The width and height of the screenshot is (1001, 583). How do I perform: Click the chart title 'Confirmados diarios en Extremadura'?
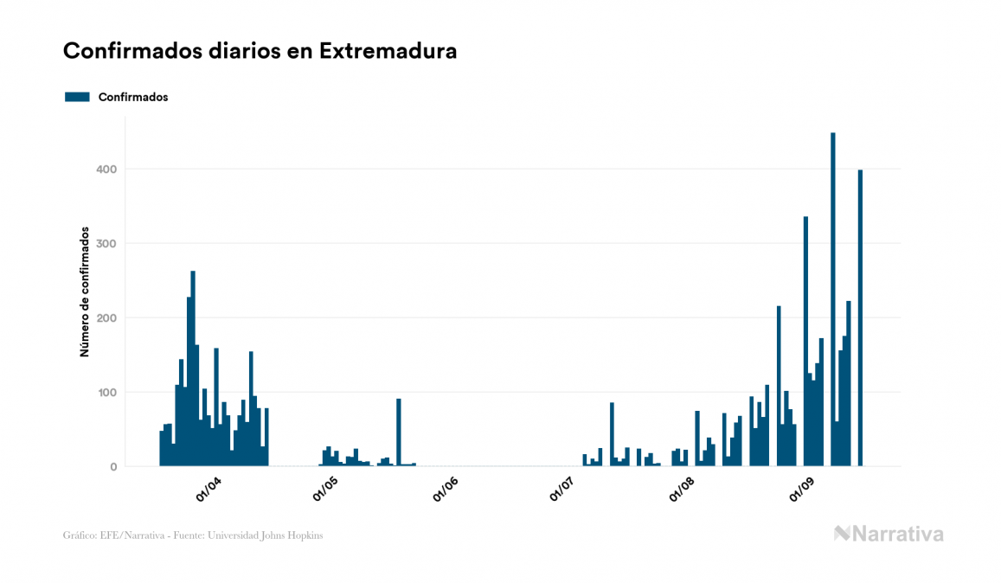(260, 51)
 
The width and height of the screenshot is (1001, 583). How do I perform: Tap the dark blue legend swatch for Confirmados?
(77, 97)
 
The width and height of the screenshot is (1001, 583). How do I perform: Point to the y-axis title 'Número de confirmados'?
(85, 291)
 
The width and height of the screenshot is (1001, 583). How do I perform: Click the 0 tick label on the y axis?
(112, 467)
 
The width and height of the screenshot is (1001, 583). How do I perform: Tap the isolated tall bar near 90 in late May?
(399, 432)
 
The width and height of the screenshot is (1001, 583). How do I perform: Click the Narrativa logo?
(889, 534)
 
